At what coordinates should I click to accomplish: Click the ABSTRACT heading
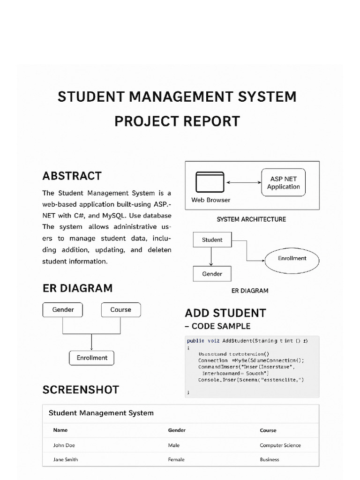tap(72, 176)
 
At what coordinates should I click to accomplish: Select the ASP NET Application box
tap(283, 182)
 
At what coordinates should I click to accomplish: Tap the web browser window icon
tap(210, 182)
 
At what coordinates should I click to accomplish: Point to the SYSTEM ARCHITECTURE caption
tap(251, 219)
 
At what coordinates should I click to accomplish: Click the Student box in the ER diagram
tap(212, 240)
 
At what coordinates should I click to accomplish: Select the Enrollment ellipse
tap(292, 259)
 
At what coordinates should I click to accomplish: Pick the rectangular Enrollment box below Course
tap(92, 358)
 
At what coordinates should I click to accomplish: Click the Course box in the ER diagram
tap(120, 310)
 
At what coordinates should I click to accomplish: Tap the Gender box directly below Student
tap(212, 274)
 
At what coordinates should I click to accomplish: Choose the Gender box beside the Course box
tap(63, 310)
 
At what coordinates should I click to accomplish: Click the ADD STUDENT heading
tap(225, 313)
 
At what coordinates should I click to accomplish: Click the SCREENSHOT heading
tap(81, 390)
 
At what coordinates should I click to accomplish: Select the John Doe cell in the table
tap(64, 445)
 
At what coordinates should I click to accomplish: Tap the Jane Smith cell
tap(66, 460)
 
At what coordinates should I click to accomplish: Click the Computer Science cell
tap(280, 445)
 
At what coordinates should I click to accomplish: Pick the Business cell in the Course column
tap(270, 460)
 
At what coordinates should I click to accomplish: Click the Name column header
tap(60, 430)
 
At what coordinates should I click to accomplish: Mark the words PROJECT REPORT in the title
tap(177, 121)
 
